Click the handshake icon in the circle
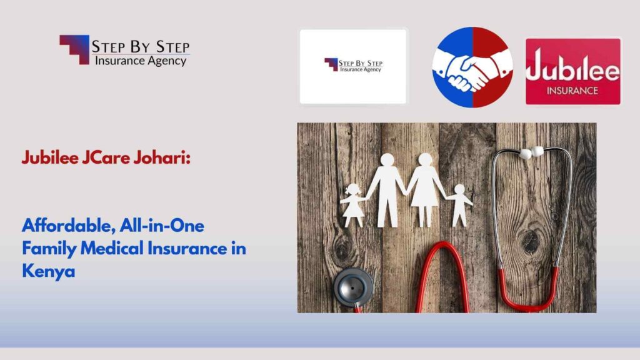(x=472, y=67)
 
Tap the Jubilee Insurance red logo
(x=572, y=71)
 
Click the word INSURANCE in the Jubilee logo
(x=572, y=90)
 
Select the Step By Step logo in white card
(x=353, y=66)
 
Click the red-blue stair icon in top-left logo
(x=74, y=49)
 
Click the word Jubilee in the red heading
(x=49, y=158)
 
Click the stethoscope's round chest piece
(x=353, y=286)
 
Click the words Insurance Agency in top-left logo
(x=140, y=61)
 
